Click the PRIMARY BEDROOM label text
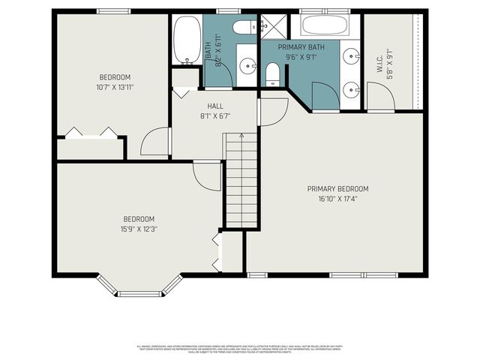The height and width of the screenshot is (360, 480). click(337, 189)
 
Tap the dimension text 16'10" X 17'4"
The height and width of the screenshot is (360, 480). click(337, 199)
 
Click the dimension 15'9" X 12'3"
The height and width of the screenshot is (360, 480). click(139, 229)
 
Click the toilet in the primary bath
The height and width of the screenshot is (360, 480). click(274, 73)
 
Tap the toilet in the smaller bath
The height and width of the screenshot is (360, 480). click(242, 28)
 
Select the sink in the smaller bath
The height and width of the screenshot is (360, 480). click(247, 65)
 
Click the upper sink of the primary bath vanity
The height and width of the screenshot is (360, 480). click(352, 55)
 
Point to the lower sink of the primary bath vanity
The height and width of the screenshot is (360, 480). click(352, 89)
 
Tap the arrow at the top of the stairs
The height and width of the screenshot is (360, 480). click(241, 136)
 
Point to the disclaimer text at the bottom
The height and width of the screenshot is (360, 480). click(240, 349)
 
